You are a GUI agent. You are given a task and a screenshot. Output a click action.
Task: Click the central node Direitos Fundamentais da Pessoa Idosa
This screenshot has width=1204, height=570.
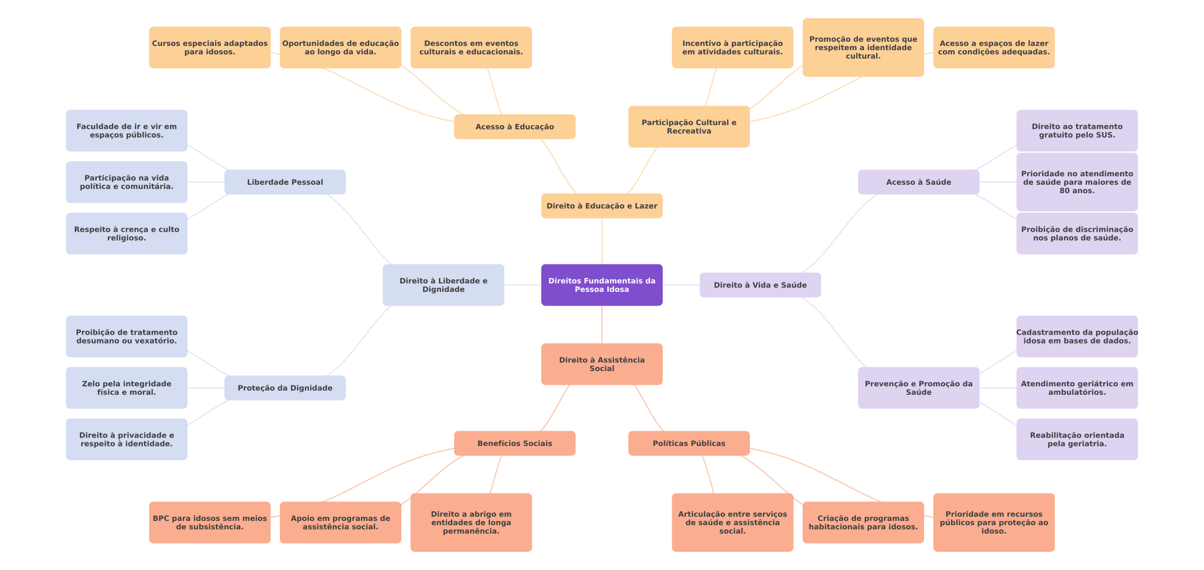click(x=601, y=285)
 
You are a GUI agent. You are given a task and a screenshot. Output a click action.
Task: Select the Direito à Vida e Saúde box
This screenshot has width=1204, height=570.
click(x=760, y=285)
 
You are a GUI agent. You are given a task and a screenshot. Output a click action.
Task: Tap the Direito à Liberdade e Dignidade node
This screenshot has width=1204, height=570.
click(x=443, y=285)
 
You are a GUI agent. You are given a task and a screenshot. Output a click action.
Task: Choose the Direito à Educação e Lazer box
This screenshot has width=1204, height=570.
click(x=601, y=206)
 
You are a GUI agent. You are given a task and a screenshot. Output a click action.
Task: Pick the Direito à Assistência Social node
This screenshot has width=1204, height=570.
click(x=601, y=364)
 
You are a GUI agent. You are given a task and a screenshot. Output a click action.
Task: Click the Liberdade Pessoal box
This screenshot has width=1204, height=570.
click(x=285, y=182)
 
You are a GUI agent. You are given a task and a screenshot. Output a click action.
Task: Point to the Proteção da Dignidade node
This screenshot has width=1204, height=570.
click(x=285, y=388)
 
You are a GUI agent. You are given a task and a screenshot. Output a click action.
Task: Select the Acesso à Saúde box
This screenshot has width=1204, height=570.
click(x=918, y=182)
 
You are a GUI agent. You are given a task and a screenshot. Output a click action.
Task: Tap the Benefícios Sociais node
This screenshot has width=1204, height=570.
click(x=514, y=443)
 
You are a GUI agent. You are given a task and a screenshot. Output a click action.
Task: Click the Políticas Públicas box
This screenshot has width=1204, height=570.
click(x=689, y=443)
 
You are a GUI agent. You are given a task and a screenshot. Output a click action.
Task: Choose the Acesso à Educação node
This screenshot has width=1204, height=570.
click(x=514, y=127)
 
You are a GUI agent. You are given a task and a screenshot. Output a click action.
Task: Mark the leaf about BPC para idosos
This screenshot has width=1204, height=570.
click(x=210, y=522)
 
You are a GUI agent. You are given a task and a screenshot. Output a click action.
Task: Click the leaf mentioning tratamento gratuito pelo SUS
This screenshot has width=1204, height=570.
click(x=1077, y=131)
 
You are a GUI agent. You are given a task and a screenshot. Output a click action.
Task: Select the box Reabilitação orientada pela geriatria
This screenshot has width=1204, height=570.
click(x=1077, y=440)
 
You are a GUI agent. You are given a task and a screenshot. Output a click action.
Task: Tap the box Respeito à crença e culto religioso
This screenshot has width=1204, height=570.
click(x=126, y=234)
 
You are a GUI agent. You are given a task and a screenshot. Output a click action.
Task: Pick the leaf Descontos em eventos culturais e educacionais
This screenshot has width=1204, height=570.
click(x=471, y=47)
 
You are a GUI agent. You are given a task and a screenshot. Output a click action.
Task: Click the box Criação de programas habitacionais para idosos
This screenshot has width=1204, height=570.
click(x=863, y=522)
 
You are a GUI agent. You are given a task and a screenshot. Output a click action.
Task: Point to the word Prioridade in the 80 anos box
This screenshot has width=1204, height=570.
click(x=1038, y=174)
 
